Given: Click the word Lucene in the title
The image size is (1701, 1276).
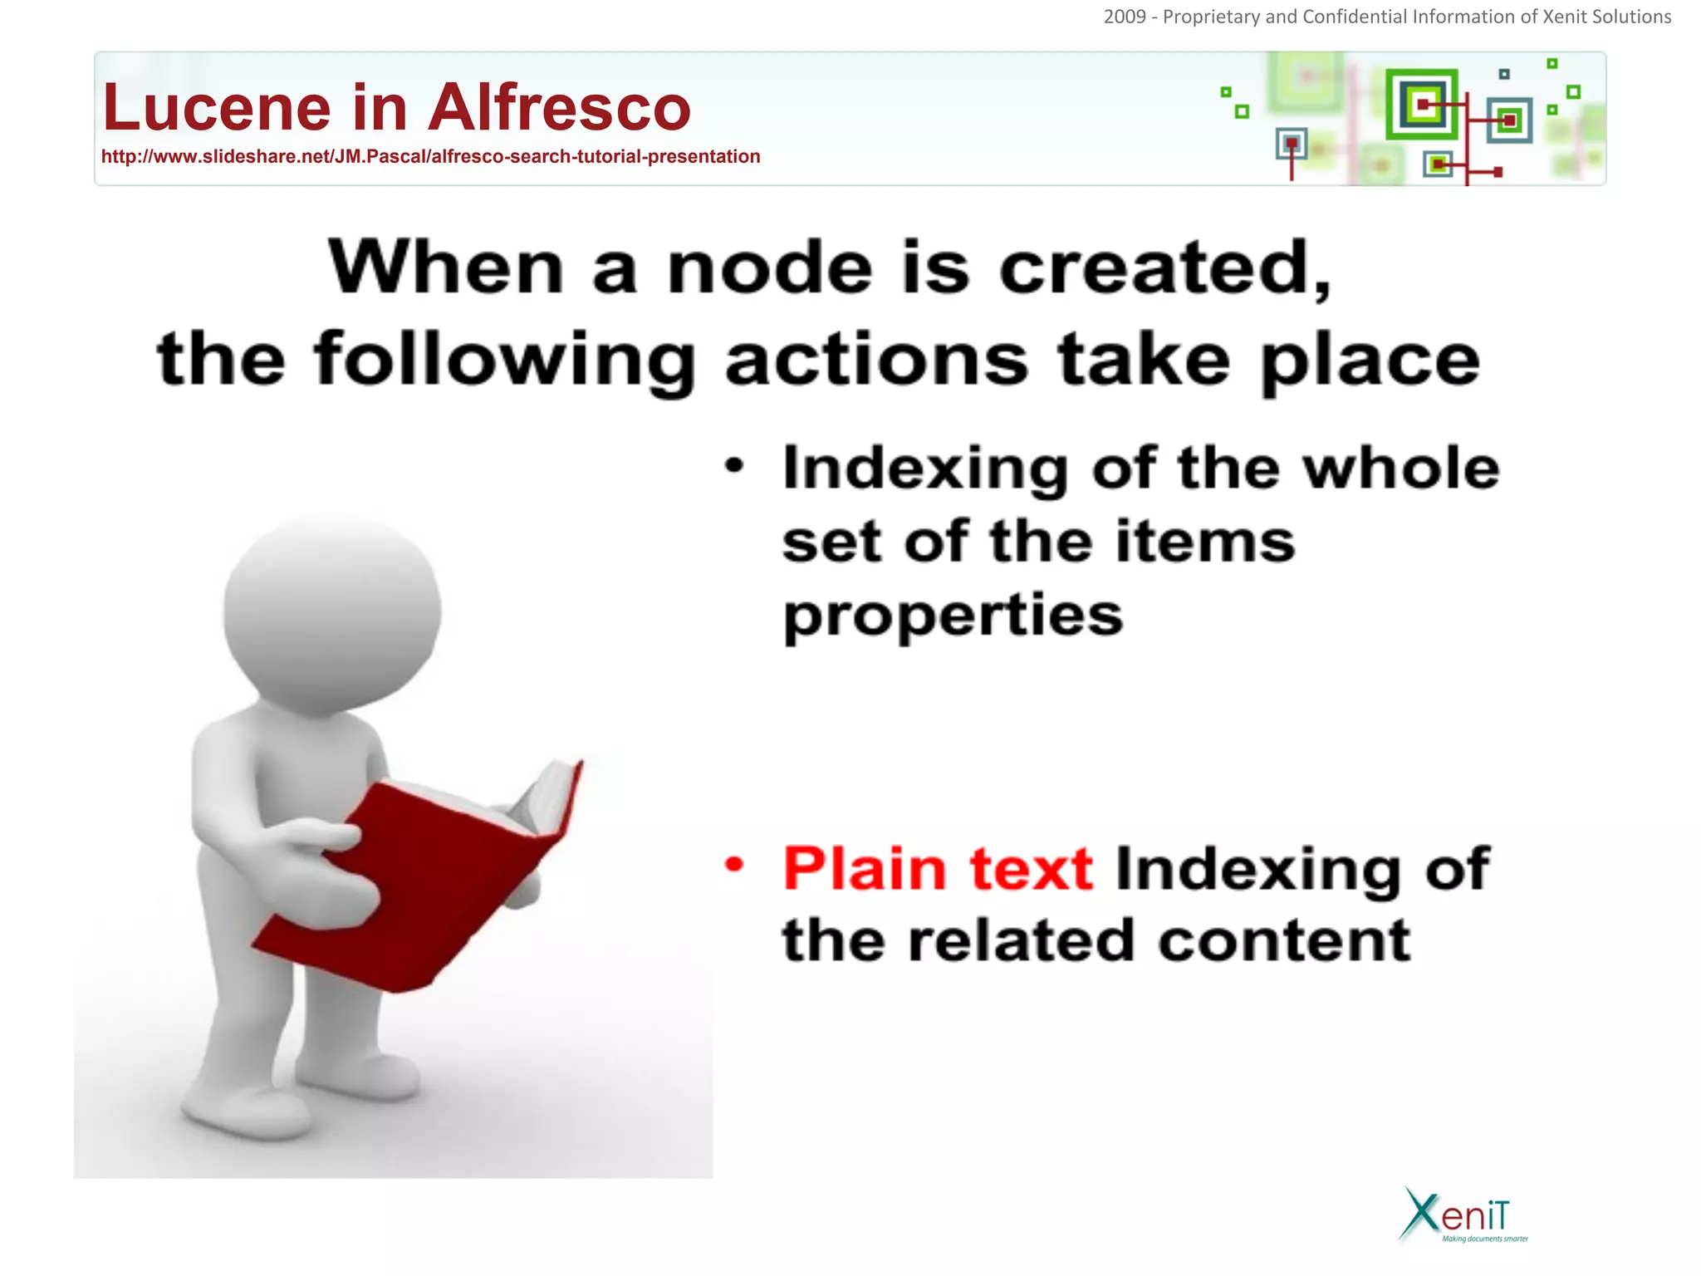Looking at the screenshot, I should [x=217, y=108].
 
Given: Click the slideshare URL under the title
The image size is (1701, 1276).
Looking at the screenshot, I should [x=430, y=157].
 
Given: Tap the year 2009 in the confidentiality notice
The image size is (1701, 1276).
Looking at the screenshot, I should [x=1125, y=17].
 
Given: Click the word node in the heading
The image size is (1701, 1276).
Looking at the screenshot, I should [x=770, y=268].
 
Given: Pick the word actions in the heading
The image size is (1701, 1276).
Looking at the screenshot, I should [x=876, y=361].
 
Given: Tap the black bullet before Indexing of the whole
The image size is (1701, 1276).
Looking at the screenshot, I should [x=734, y=465].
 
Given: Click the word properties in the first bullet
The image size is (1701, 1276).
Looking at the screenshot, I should [x=953, y=616].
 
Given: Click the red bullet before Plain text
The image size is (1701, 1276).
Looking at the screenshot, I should [x=734, y=865].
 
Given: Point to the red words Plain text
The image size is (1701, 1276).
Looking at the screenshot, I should [x=938, y=869].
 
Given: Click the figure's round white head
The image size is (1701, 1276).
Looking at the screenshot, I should [x=332, y=611].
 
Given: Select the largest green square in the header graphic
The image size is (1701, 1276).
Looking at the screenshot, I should [x=1422, y=105].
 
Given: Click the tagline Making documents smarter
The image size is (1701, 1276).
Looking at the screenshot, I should [x=1485, y=1239].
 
